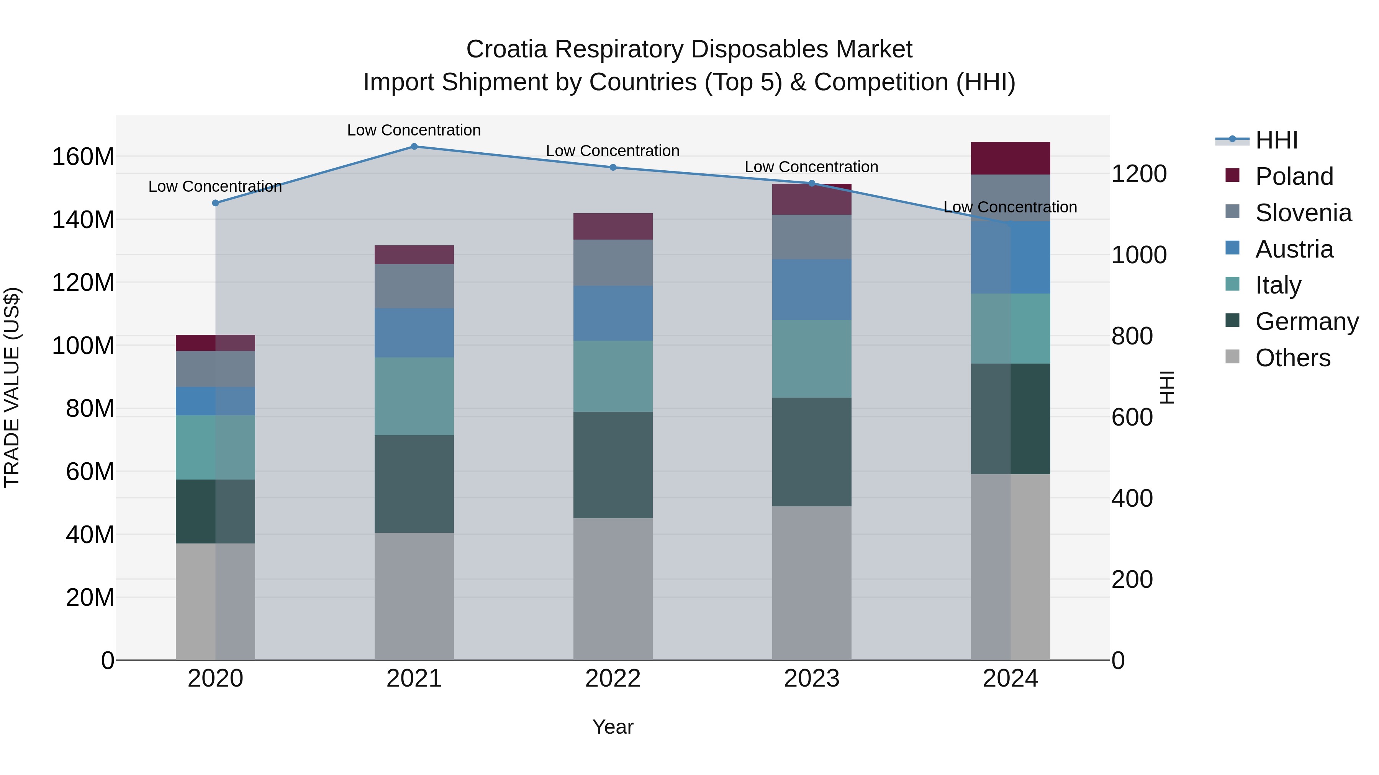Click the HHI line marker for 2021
[x=414, y=146]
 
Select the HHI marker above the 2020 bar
[x=215, y=203]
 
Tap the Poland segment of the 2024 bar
[x=1010, y=158]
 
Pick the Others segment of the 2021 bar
[x=414, y=596]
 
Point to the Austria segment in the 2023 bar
[x=812, y=289]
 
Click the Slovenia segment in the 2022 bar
[x=613, y=263]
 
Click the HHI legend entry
[x=1276, y=140]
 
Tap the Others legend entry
[x=1292, y=358]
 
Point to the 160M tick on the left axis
[x=83, y=157]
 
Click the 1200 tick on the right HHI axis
[x=1139, y=174]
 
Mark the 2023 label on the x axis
[x=812, y=679]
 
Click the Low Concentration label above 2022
[x=613, y=151]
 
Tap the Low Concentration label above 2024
[x=1010, y=207]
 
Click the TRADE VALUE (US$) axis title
[x=12, y=387]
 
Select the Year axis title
[x=613, y=727]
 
